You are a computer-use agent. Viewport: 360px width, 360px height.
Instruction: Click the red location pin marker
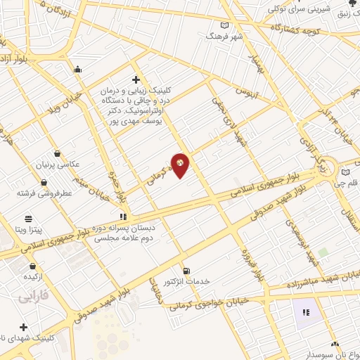pos(181,165)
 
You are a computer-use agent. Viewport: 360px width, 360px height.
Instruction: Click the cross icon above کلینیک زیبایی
pos(136,79)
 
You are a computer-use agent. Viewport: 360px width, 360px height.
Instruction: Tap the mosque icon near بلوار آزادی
pos(77,69)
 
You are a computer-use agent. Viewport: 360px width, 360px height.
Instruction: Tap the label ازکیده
pos(34,278)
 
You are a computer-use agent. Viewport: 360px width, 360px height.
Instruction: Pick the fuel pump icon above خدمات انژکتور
pos(186,271)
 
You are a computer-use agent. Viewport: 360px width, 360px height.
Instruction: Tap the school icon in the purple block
pos(306,311)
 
